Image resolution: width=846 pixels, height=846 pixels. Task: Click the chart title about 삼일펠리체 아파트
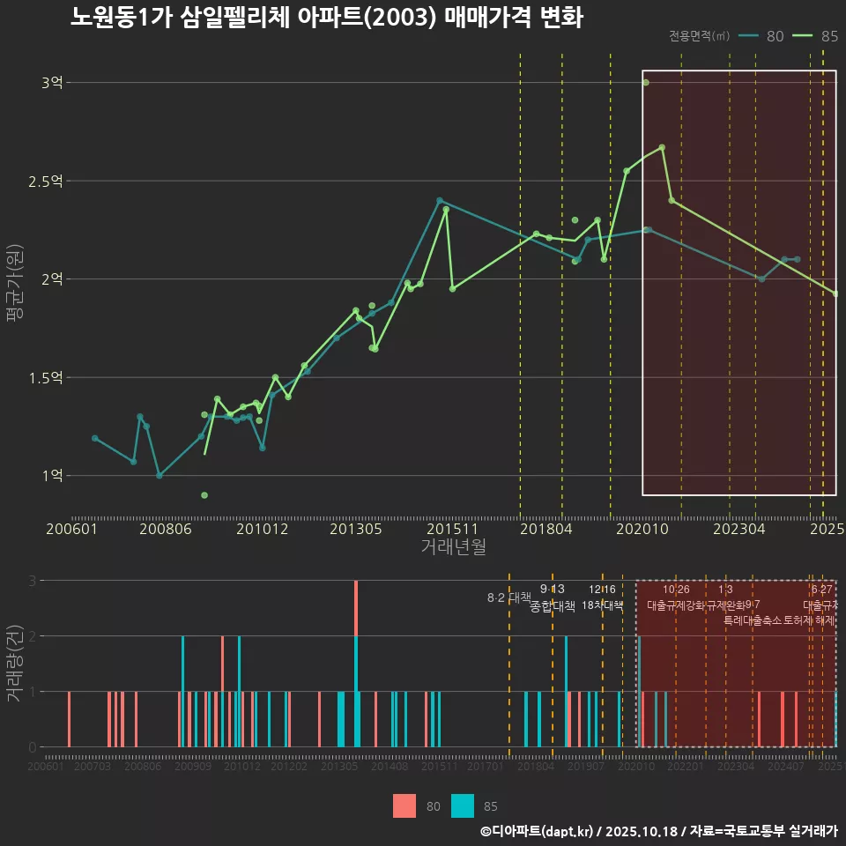coord(326,18)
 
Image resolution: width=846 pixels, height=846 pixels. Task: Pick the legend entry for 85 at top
coord(815,36)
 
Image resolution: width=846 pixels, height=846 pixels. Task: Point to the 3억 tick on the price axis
coord(52,83)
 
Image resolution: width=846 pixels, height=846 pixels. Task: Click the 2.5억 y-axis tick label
coord(47,182)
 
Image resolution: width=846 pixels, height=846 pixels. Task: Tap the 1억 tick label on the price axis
coord(52,476)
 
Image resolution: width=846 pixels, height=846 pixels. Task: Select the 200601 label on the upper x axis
coord(71,530)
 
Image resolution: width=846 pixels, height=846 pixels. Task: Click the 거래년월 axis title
coord(453,547)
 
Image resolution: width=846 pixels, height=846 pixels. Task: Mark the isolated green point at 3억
coord(646,83)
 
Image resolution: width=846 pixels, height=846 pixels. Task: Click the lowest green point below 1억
coord(204,495)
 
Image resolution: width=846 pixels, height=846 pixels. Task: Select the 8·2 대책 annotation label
coord(509,597)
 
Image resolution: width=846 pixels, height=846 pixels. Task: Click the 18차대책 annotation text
coord(603,605)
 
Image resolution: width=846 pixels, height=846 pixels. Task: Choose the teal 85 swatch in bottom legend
coord(463,805)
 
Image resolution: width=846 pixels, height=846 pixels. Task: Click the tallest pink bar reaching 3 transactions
coord(356,608)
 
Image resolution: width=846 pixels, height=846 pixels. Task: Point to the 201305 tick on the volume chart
coord(339,768)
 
